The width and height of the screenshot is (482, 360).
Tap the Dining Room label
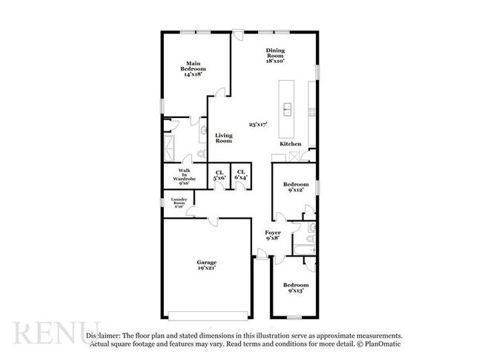tap(275, 54)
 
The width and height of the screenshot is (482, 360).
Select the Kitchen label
tap(289, 143)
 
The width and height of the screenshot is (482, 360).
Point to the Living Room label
tap(224, 138)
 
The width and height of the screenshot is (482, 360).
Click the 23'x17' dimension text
tap(258, 125)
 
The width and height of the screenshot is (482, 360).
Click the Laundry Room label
tap(179, 202)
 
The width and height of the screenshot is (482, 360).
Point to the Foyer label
tap(273, 236)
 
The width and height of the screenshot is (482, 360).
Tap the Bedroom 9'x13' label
tap(297, 288)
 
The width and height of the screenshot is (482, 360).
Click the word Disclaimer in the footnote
tap(103, 336)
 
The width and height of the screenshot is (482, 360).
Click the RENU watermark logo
tap(56, 334)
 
